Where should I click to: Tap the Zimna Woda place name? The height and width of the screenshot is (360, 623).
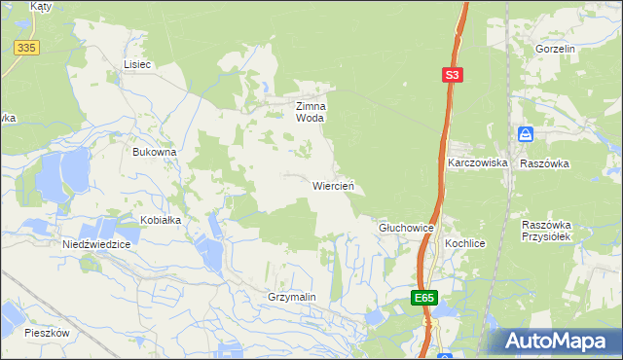pyautogui.click(x=311, y=112)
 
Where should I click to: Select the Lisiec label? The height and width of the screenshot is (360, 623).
pyautogui.click(x=137, y=64)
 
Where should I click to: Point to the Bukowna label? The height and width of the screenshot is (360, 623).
pyautogui.click(x=154, y=152)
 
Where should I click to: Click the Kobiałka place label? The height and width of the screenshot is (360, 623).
pyautogui.click(x=161, y=220)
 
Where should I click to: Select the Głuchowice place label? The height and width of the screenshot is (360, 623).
pyautogui.click(x=405, y=227)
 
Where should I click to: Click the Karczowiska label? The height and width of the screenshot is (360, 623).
pyautogui.click(x=478, y=163)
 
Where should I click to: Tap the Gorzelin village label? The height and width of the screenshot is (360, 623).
pyautogui.click(x=556, y=48)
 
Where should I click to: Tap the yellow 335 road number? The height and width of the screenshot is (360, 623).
pyautogui.click(x=25, y=47)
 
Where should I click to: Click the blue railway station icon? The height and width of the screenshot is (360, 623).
pyautogui.click(x=526, y=134)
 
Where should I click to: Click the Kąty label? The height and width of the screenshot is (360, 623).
pyautogui.click(x=41, y=6)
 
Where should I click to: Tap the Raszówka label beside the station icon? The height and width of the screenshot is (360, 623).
pyautogui.click(x=544, y=163)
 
